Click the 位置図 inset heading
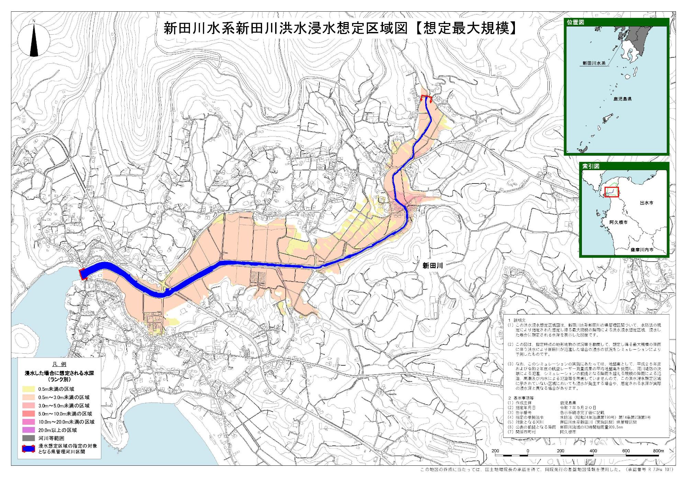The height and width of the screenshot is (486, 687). coord(576,22)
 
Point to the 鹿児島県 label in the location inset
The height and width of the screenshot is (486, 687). coord(622,99)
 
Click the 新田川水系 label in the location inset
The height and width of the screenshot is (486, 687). coord(594,64)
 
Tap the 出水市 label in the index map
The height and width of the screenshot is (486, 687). coord(646,203)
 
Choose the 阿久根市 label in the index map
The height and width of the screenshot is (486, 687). coord(618,222)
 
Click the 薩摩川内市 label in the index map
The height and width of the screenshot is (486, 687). coord(642,250)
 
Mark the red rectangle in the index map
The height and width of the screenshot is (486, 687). coord(611,192)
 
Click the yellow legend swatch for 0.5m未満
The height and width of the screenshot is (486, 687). coord(29,389)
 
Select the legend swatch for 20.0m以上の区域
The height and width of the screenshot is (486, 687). coord(29,430)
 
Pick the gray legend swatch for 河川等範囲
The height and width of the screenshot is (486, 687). coord(29,438)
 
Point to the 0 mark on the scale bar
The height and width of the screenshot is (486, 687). coord(528,451)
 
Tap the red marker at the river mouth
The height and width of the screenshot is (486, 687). coord(83,274)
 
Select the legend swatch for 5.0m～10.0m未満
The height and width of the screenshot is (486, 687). coord(29,414)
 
